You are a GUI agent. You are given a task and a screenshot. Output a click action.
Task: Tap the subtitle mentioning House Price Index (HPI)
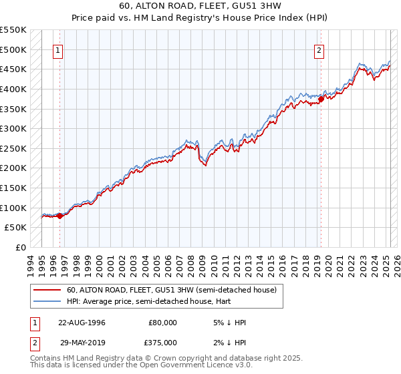pos(200,19)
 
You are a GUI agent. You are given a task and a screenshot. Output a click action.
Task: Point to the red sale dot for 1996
pos(59,215)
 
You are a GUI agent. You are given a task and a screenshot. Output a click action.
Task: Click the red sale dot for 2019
pos(321,99)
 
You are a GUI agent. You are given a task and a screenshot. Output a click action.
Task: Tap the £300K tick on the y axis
pos(13,128)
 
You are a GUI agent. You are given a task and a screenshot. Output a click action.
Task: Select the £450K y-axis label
pos(13,69)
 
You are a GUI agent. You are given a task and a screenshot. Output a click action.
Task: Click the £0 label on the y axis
pos(21,247)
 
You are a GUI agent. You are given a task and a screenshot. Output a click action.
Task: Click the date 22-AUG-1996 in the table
pos(82,323)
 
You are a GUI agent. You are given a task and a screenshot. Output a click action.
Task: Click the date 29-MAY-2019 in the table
pos(82,343)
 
